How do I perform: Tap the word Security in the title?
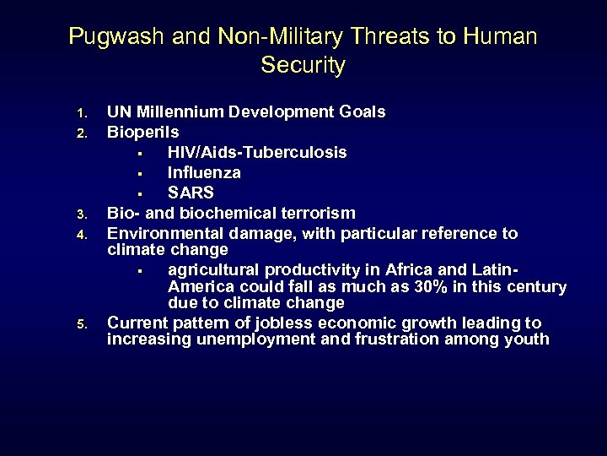[303, 65]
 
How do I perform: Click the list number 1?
[81, 113]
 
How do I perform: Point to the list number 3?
[81, 214]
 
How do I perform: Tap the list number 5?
[81, 324]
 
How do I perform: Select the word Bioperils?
[142, 133]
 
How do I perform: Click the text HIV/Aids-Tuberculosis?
[256, 153]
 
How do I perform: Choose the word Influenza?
[204, 173]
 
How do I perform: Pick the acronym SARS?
[191, 193]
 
